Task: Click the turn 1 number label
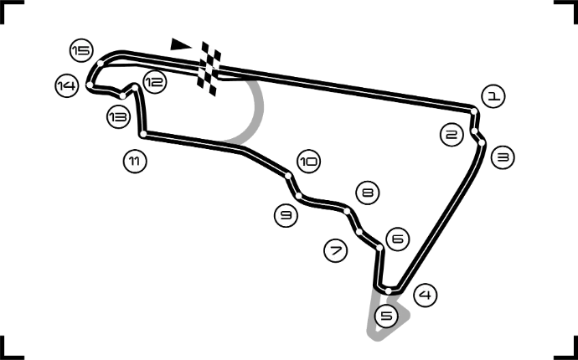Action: click(x=494, y=96)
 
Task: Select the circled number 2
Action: click(x=452, y=134)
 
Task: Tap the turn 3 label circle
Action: click(x=502, y=157)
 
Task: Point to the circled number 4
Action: click(x=426, y=295)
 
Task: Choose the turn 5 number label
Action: click(x=386, y=316)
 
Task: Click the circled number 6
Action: click(x=398, y=239)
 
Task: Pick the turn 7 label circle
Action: click(x=335, y=250)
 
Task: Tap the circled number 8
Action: click(x=367, y=193)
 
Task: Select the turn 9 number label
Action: click(x=286, y=216)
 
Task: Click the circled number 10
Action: click(x=308, y=161)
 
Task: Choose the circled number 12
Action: click(x=154, y=82)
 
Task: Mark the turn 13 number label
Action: click(x=118, y=117)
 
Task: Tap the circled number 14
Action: click(x=66, y=85)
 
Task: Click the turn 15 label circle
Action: click(x=80, y=51)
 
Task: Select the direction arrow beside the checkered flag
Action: click(x=179, y=44)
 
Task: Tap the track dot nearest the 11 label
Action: click(x=143, y=134)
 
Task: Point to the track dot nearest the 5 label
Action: click(x=389, y=291)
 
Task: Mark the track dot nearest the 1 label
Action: click(x=474, y=111)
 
